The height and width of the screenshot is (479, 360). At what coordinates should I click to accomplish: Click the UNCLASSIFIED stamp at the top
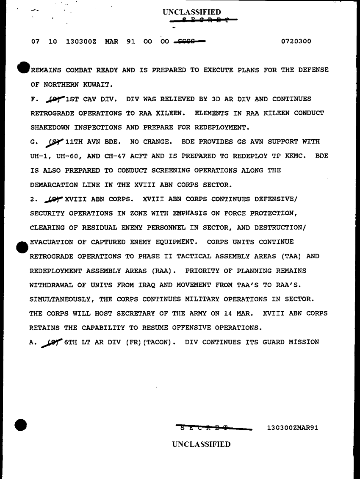click(x=191, y=12)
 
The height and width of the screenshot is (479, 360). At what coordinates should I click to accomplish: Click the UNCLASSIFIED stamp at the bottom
click(x=201, y=444)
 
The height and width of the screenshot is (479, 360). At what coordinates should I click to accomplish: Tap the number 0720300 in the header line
click(x=296, y=42)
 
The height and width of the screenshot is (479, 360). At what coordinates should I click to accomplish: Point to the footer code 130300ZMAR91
click(x=293, y=428)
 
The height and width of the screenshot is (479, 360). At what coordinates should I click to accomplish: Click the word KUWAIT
click(x=98, y=85)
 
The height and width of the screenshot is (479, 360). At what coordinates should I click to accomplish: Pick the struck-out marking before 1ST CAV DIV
click(x=55, y=99)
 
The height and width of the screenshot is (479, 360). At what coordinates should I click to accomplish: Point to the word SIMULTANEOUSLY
click(x=64, y=299)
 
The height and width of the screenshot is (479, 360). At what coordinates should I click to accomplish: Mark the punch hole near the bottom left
click(x=20, y=424)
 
